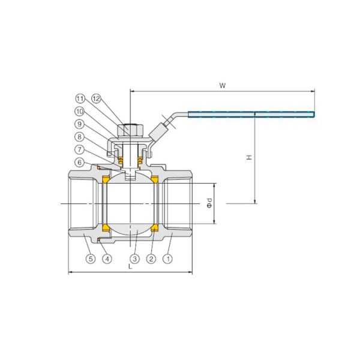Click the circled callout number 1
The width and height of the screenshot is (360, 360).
click(167, 259)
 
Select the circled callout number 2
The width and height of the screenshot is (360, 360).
click(151, 259)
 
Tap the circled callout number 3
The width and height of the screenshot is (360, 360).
click(134, 259)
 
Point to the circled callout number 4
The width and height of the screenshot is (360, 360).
click(107, 259)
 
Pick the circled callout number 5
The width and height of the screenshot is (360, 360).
click(91, 259)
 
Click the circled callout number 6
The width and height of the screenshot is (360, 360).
click(79, 163)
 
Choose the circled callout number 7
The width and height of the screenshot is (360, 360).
click(79, 149)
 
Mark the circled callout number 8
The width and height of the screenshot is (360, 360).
click(79, 137)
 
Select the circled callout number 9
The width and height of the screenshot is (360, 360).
click(79, 124)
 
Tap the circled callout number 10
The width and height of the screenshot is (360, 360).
click(79, 112)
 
